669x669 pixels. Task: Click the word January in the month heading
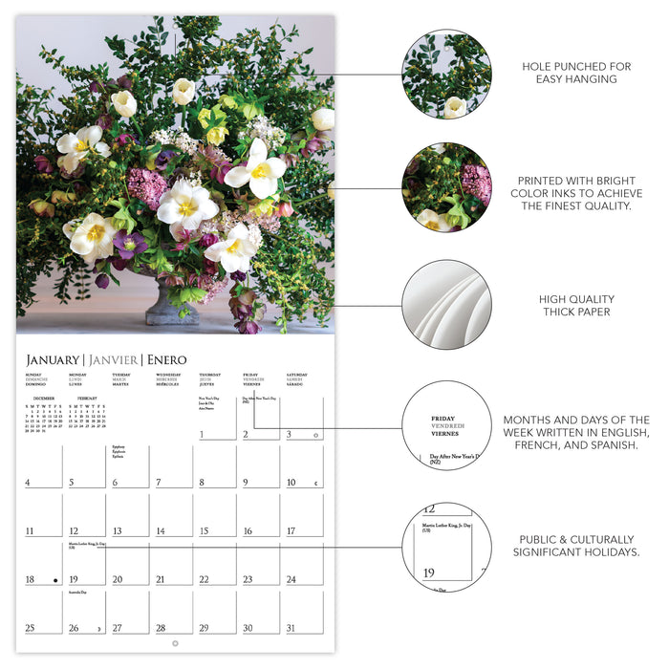click(53, 359)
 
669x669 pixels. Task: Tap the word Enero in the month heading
click(166, 359)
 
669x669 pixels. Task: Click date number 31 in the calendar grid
click(291, 628)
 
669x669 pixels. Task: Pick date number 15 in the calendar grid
click(205, 531)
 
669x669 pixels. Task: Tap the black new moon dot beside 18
click(55, 580)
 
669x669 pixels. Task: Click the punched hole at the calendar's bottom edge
click(175, 643)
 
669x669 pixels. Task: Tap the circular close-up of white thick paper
click(446, 304)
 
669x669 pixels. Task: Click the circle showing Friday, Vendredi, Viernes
click(446, 425)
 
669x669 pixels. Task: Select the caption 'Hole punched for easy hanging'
click(576, 74)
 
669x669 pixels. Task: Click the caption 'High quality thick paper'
click(576, 305)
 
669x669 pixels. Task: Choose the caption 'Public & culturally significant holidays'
click(576, 546)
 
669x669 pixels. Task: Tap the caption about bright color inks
click(576, 193)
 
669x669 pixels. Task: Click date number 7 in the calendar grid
click(160, 484)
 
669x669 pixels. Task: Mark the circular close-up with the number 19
click(446, 548)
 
